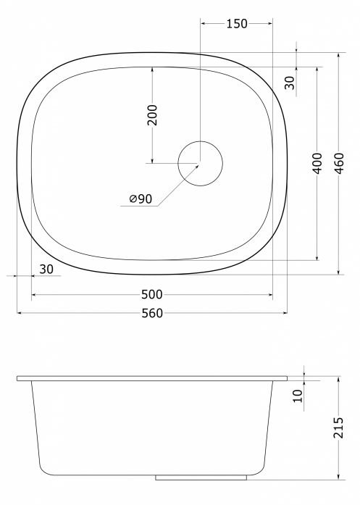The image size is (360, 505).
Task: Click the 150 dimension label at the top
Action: pos(237,24)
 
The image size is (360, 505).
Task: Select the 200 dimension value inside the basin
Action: pos(152,115)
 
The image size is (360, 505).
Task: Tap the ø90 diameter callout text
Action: pos(141,199)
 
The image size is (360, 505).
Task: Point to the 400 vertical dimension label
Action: pos(317,163)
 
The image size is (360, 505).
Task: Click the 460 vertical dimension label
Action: pos(339,163)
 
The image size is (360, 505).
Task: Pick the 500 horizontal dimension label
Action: pos(152,294)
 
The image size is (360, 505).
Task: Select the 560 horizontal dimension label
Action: pos(152,313)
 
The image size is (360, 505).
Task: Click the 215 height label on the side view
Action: pos(339,427)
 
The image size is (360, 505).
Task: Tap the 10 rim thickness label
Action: pos(298,396)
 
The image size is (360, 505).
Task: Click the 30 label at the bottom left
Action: pos(46,270)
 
